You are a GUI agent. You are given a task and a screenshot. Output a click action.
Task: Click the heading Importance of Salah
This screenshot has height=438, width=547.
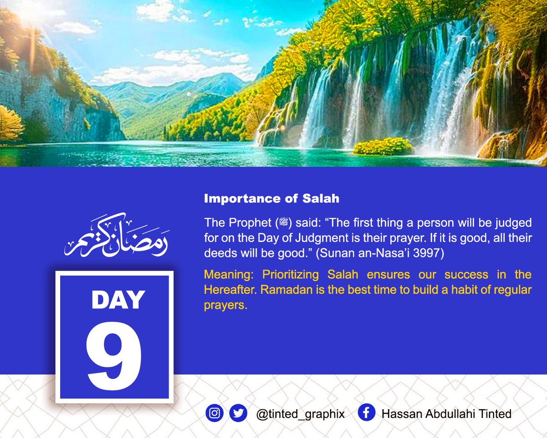[x=272, y=199]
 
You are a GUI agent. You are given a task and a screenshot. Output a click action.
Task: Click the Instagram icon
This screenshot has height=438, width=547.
[x=214, y=413]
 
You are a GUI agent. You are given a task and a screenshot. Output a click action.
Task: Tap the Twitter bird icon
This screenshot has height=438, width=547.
[x=238, y=413]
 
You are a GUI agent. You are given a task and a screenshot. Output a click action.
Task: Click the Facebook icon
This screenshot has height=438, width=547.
[x=366, y=413]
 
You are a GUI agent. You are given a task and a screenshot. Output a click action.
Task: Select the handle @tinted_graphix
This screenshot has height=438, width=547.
[x=300, y=414]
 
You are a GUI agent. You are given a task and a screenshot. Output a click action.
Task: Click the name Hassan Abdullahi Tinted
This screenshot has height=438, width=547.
[x=446, y=414]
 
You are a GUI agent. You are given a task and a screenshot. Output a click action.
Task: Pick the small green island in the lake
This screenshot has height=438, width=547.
[x=383, y=146]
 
